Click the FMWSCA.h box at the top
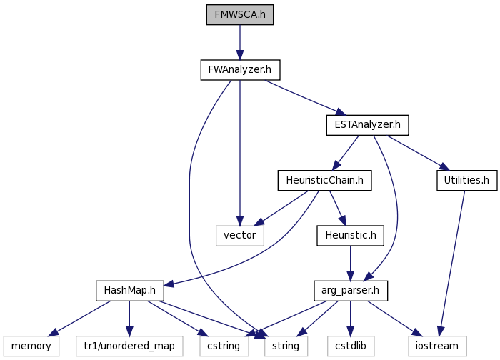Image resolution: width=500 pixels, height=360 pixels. coord(240,15)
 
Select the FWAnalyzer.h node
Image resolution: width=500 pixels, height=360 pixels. coord(240,70)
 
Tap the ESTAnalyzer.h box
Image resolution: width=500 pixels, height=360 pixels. coord(367,125)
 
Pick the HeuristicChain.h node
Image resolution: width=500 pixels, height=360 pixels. coord(324,181)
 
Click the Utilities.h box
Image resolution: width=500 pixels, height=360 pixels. coord(467,181)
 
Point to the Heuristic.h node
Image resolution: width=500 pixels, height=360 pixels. coord(351,236)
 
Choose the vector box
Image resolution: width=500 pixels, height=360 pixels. coord(240,236)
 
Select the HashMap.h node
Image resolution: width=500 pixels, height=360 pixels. coord(130,291)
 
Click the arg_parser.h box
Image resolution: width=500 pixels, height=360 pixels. coord(351,291)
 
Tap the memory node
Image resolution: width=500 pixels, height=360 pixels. coord(31,346)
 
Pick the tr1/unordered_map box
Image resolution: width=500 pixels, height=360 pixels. coord(129,346)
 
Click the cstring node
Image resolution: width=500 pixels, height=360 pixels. coord(224,346)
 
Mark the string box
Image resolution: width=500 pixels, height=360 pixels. coord(286,346)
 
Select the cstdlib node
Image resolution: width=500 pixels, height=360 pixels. coord(351,346)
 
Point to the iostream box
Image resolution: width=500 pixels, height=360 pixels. coord(437,346)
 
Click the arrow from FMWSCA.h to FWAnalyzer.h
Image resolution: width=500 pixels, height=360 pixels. coord(240,42)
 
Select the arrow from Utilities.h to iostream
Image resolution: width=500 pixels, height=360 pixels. coord(452,264)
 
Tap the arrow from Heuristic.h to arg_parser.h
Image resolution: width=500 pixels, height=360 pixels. coord(351,264)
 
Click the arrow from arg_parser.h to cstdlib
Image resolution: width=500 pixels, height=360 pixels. coord(351,319)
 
